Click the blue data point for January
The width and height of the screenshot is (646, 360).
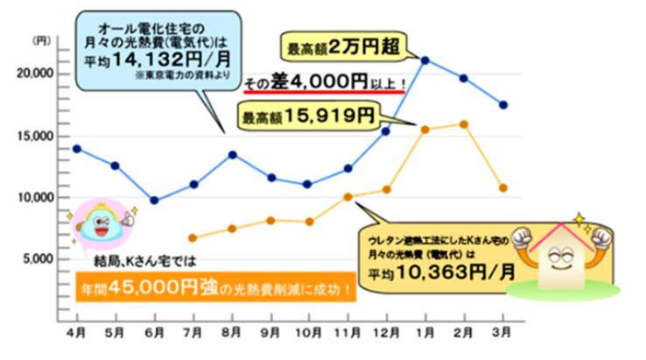point(424,60)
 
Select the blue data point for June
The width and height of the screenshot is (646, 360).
point(154,200)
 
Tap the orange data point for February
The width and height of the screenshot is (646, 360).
point(463,124)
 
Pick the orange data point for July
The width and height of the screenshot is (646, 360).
point(193,237)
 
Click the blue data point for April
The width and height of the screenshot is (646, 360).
point(76,149)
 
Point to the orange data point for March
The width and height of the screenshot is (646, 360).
point(502,187)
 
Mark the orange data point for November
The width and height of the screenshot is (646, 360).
point(348,196)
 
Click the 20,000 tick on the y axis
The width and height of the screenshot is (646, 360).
point(36,74)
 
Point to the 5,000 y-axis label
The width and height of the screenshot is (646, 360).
point(39,259)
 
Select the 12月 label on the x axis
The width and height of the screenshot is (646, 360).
point(385,334)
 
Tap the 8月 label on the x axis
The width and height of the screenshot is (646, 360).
point(232,334)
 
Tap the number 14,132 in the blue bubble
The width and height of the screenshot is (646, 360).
point(167,62)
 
